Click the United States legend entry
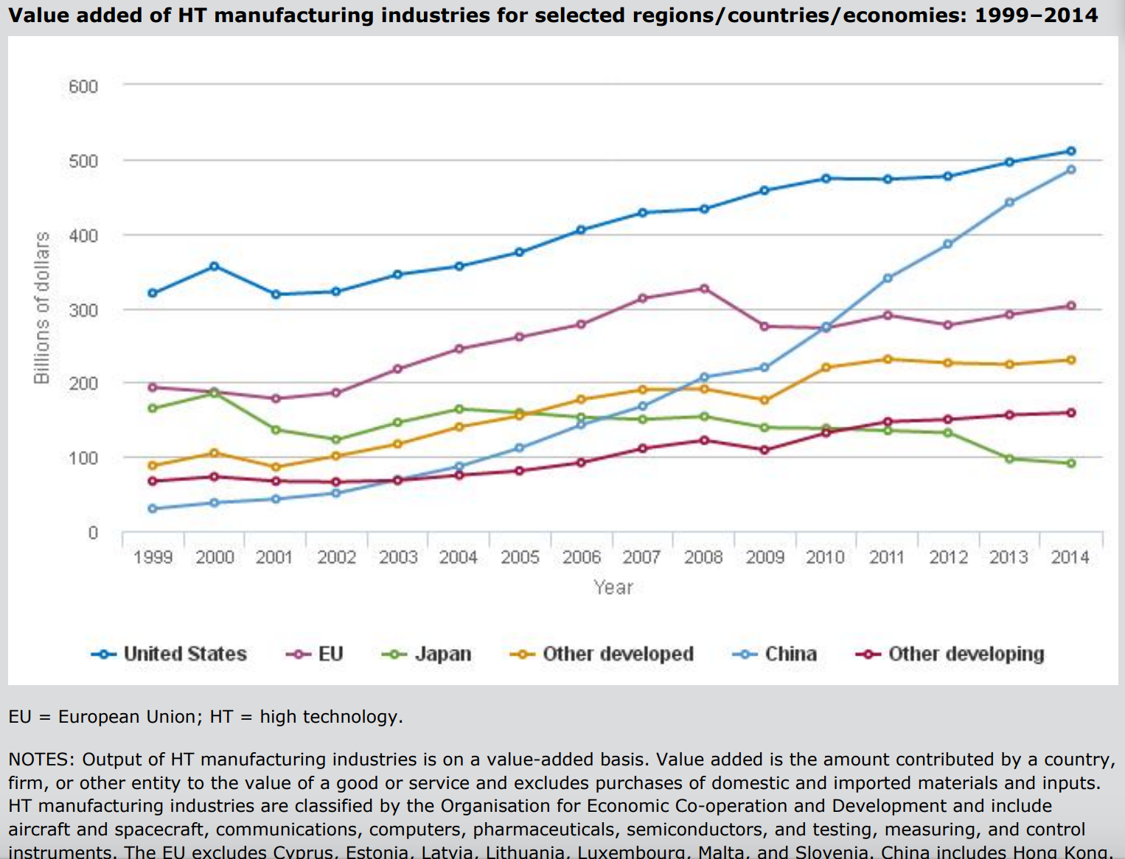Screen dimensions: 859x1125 point(170,654)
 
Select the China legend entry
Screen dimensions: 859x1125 point(775,654)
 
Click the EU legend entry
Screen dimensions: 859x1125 point(315,654)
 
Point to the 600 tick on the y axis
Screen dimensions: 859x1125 point(83,86)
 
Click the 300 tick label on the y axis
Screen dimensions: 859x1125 point(83,310)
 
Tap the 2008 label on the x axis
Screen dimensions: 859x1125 point(703,558)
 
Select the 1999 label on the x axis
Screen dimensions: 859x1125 point(153,558)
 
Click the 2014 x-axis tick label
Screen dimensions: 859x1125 point(1070,558)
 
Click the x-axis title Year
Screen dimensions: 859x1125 point(613,587)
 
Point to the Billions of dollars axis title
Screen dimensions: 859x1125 point(42,307)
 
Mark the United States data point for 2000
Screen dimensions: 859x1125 point(215,266)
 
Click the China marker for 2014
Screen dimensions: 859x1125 point(1071,169)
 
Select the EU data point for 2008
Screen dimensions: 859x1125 point(704,289)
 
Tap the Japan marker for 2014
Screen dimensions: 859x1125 point(1071,463)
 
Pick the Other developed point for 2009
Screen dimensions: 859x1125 point(764,400)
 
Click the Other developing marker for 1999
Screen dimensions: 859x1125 point(153,481)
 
